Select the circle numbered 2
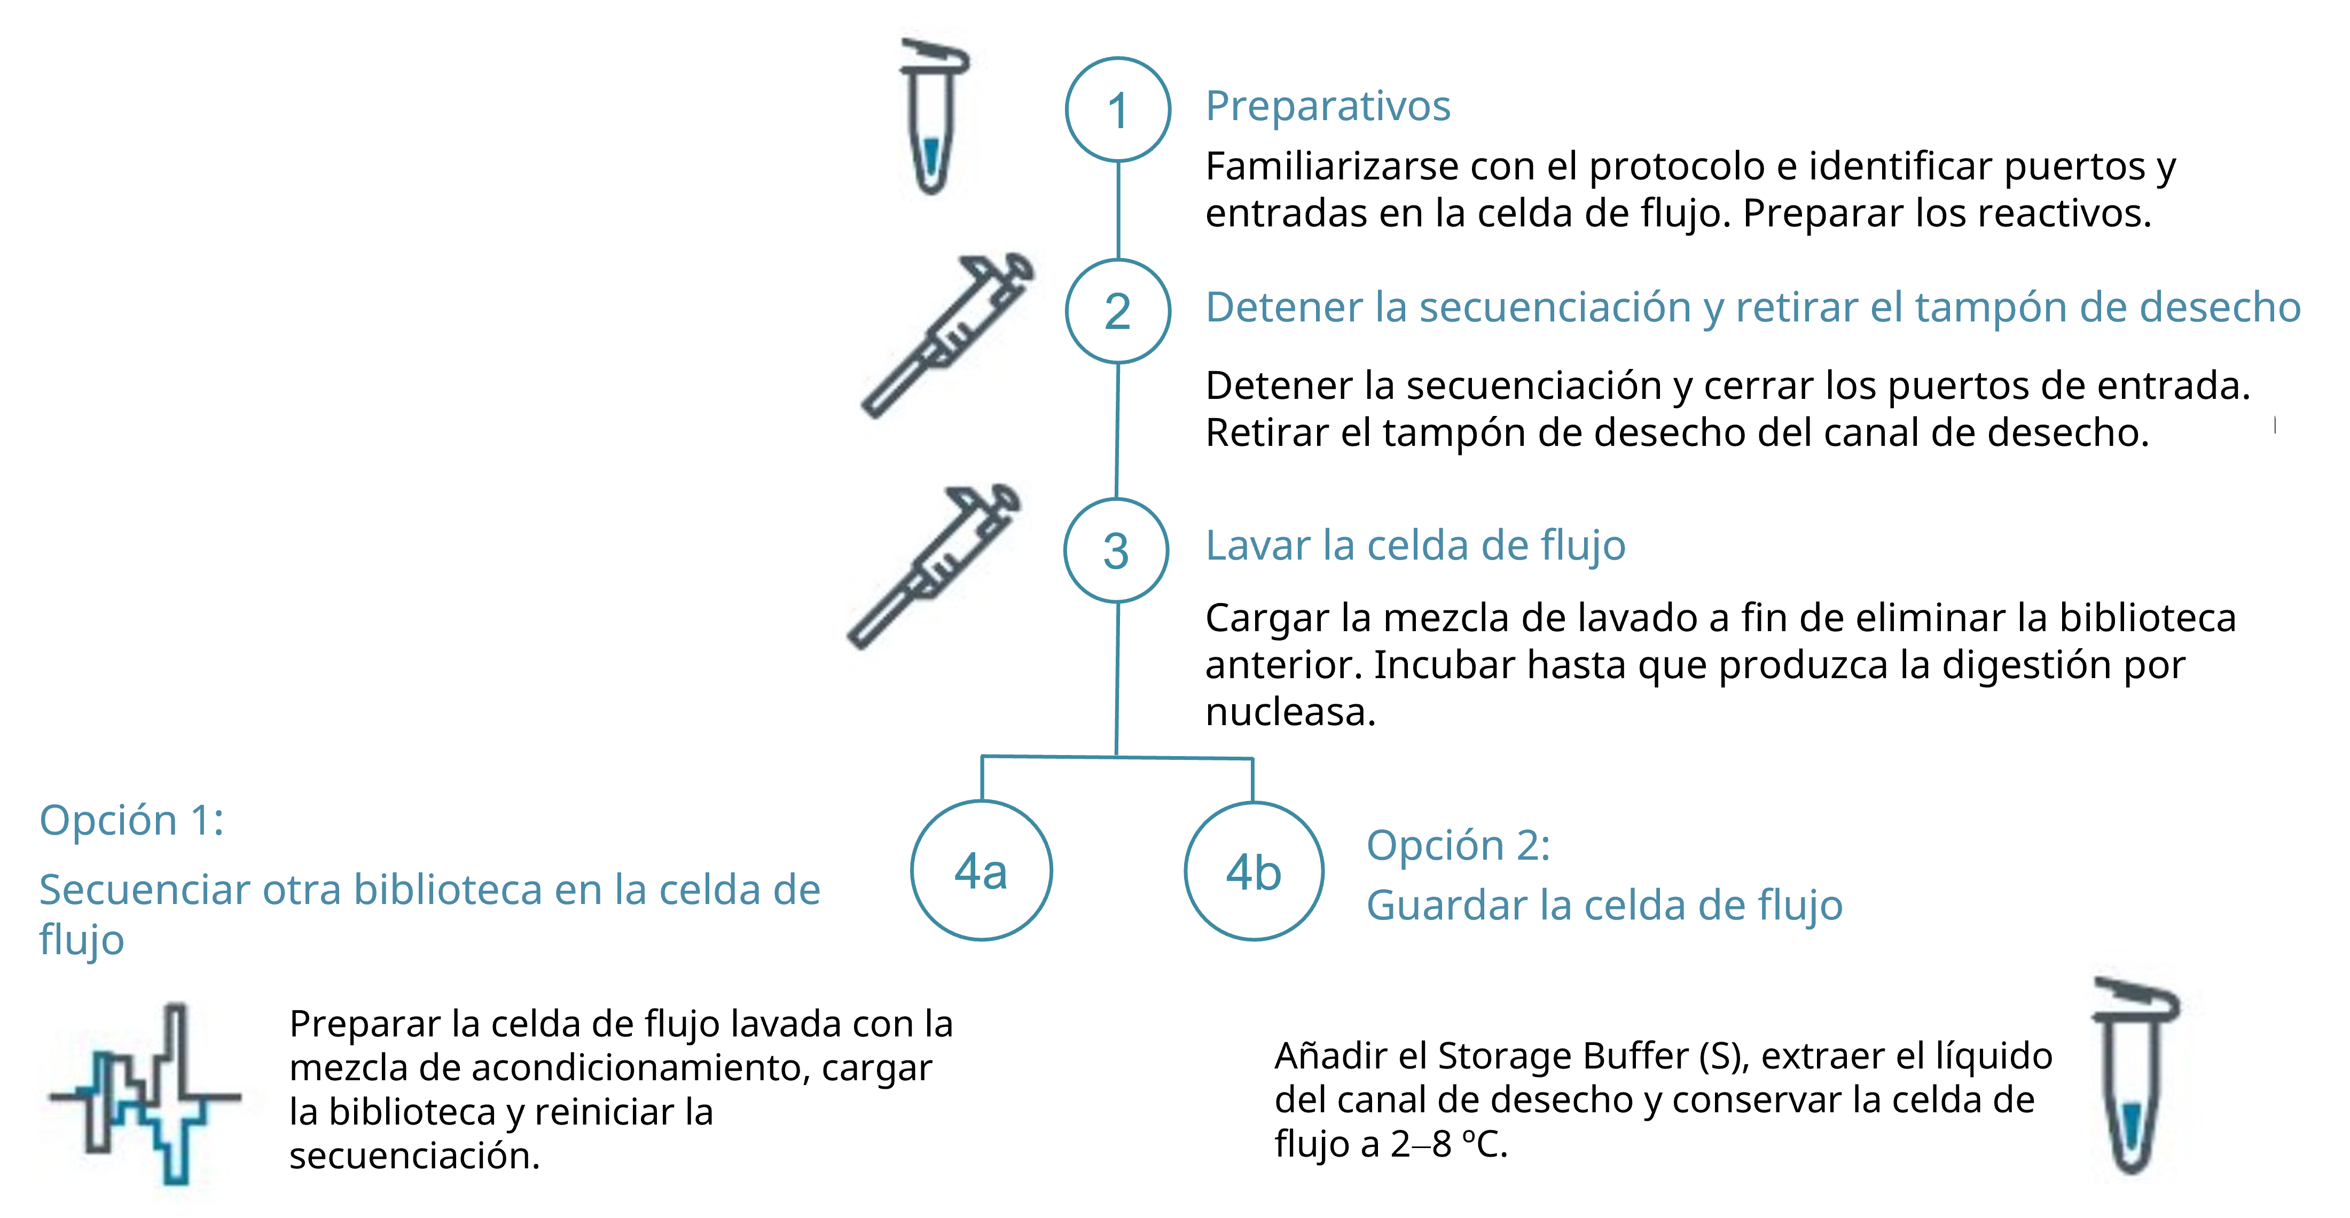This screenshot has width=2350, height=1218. coord(1117,311)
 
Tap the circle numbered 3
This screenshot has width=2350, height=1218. coord(1116,550)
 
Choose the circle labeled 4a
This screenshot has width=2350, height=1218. coord(982,870)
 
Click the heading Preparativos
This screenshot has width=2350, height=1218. coord(1327,106)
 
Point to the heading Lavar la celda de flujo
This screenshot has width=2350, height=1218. coord(1415,546)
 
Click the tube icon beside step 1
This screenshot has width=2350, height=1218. coord(933,117)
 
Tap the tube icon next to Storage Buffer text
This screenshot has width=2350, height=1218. coord(2133,1076)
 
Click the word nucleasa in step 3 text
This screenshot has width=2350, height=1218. coord(1289,712)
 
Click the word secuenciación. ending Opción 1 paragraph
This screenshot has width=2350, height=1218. coord(414,1156)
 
